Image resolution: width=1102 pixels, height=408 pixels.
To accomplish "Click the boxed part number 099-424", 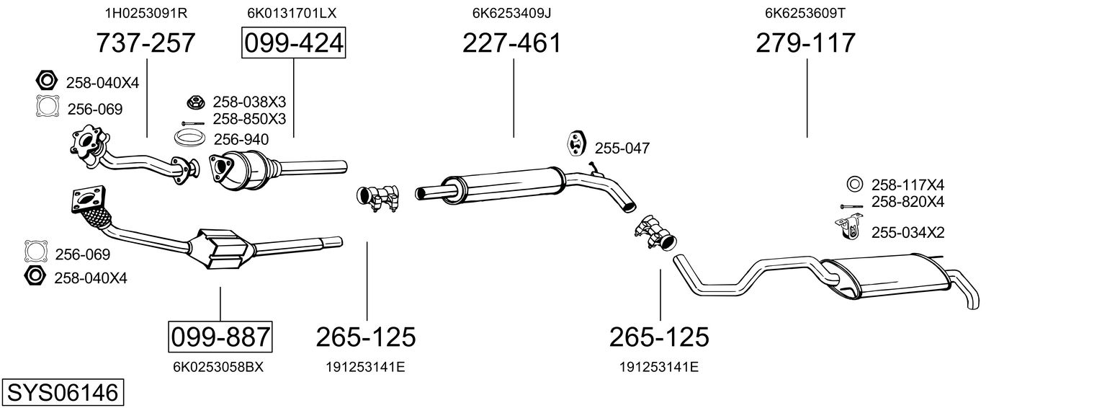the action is click(x=294, y=43).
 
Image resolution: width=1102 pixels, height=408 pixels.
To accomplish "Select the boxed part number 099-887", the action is click(x=220, y=337).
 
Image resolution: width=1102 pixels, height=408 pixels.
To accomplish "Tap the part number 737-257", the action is click(x=145, y=43).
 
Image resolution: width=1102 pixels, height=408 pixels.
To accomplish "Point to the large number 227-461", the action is click(x=511, y=43).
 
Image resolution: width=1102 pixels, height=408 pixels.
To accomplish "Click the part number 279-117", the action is click(x=806, y=43).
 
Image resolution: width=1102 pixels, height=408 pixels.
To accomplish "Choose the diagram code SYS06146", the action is click(x=63, y=393).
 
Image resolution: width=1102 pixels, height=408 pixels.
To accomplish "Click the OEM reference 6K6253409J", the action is click(x=511, y=13).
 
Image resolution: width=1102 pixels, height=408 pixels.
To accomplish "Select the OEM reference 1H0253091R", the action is click(x=146, y=13).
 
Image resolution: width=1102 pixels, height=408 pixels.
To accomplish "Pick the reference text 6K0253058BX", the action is click(x=218, y=367).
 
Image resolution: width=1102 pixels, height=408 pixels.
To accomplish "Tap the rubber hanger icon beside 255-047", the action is click(x=575, y=143).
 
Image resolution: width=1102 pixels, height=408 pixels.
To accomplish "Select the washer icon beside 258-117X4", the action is click(x=855, y=184).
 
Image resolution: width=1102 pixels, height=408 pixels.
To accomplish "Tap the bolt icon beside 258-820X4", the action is click(x=851, y=206).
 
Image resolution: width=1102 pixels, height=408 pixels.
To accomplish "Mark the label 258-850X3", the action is click(x=249, y=119).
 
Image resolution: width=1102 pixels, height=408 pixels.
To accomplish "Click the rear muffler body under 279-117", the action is click(x=885, y=277).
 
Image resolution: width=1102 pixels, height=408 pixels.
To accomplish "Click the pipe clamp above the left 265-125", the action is click(x=377, y=198).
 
